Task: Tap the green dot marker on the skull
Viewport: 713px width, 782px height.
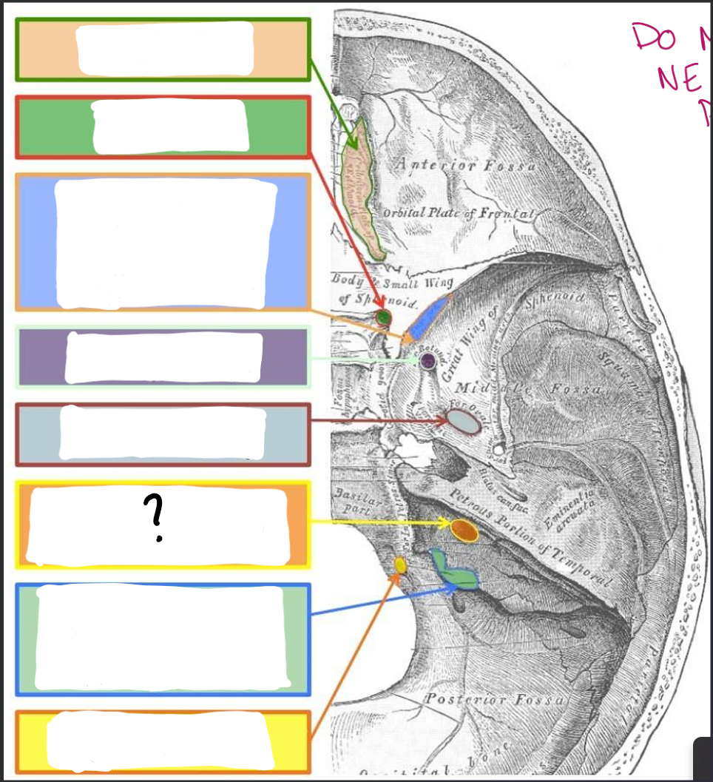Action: click(x=382, y=317)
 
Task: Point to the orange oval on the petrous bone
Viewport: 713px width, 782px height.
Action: click(x=463, y=530)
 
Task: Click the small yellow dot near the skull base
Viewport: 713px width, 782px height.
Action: click(x=400, y=565)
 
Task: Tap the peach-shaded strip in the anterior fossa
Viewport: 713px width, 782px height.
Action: click(x=362, y=189)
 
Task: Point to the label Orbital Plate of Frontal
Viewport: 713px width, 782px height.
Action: click(x=457, y=213)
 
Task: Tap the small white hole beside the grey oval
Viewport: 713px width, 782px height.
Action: click(x=499, y=449)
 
